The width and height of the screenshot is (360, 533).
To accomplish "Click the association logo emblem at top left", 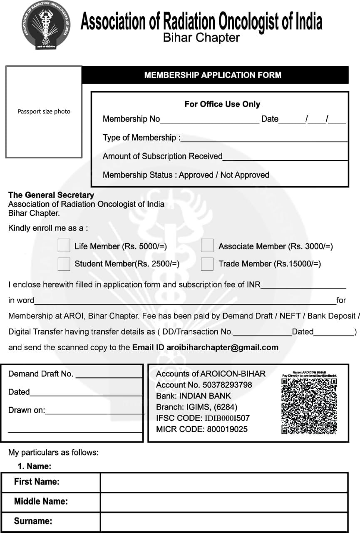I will [46, 25].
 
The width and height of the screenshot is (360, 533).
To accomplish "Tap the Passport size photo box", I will [44, 112].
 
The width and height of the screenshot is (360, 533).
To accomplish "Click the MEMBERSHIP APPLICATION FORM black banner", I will [213, 75].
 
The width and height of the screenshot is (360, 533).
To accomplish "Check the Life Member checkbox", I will [64, 245].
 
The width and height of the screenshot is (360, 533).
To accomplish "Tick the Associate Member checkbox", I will [207, 245].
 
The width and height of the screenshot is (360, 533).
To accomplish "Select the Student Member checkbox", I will [64, 263].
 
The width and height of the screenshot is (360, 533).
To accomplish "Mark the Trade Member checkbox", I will [207, 263].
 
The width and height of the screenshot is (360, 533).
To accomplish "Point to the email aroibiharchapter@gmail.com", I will [223, 347].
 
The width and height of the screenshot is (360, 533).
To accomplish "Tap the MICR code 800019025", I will [227, 429].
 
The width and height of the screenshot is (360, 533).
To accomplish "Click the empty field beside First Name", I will [224, 482].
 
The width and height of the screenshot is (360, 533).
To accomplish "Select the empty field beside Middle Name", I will [224, 501].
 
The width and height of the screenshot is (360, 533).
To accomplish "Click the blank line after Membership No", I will [209, 120].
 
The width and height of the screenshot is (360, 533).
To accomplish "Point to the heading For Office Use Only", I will [222, 104].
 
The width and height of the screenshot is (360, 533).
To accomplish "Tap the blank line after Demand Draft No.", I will [109, 375].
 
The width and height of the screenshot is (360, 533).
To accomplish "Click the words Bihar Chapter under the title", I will [201, 38].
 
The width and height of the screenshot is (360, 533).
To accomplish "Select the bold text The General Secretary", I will [51, 195].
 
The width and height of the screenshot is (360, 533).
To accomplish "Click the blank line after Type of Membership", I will [264, 139].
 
